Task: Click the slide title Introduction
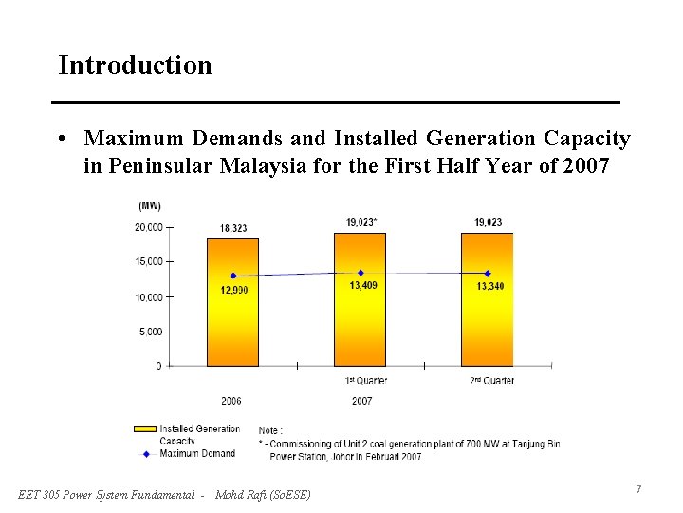(x=135, y=66)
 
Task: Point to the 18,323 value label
(x=233, y=228)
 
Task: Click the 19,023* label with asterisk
(x=361, y=222)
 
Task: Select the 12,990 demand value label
(x=234, y=290)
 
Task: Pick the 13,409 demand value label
(x=363, y=285)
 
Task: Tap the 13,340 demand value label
(x=490, y=286)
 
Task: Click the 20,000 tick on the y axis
(x=149, y=227)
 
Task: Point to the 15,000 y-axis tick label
(x=149, y=261)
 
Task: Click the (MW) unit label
(x=150, y=205)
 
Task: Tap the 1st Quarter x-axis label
(x=366, y=381)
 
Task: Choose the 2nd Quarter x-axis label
(x=493, y=381)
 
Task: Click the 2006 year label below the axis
(x=231, y=401)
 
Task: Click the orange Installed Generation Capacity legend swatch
(x=145, y=429)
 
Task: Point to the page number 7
(x=638, y=489)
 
